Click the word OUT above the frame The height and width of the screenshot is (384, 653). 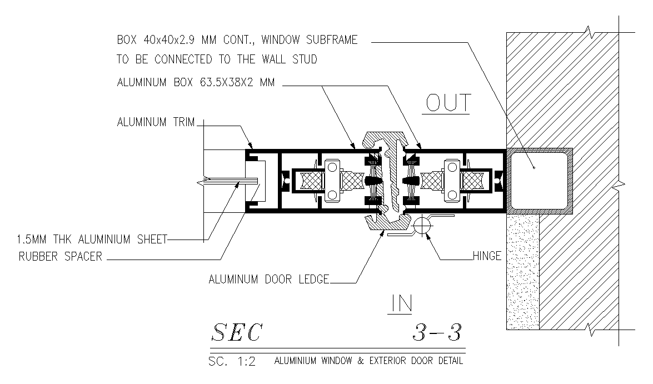coord(448,103)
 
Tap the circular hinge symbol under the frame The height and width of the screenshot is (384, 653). coord(422,225)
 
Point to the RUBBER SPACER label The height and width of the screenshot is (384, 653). coord(61,257)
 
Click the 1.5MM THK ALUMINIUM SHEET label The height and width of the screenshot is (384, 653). coord(91,240)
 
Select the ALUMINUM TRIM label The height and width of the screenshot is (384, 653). coord(156,122)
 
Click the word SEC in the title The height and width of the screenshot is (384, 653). coord(236,333)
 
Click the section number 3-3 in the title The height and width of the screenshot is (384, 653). coord(437,333)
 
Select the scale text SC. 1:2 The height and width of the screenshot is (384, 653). coord(232,362)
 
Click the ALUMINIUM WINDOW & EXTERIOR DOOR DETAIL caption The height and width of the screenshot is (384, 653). coord(368,361)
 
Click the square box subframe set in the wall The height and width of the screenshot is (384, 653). coord(539,181)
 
